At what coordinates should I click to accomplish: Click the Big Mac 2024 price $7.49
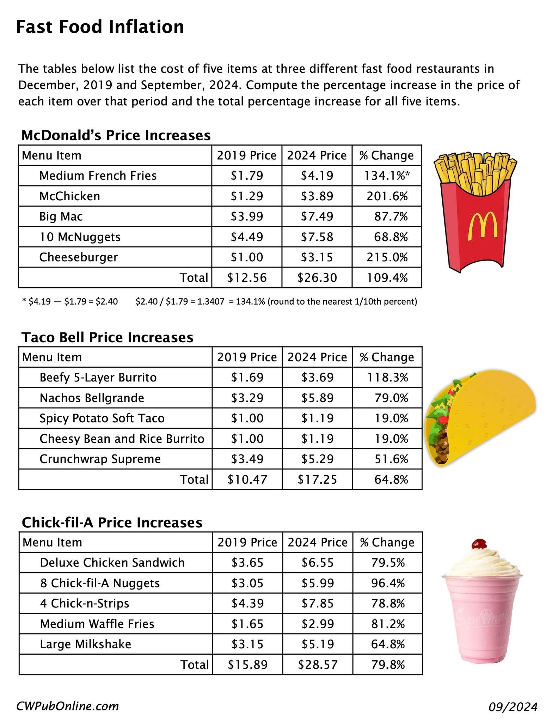317,216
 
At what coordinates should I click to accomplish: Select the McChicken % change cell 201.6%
387,196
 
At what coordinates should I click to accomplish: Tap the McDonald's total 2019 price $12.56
247,278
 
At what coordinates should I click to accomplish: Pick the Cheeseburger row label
79,257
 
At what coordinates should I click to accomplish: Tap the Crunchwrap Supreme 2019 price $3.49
247,459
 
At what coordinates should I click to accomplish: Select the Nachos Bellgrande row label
92,398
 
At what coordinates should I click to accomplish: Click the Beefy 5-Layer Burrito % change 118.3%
387,378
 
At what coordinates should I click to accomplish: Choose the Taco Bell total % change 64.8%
391,479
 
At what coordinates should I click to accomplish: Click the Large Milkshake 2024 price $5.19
318,644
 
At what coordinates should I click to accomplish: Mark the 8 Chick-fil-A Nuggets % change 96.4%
388,583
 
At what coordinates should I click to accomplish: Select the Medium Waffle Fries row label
97,624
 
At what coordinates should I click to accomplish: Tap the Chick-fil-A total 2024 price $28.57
318,665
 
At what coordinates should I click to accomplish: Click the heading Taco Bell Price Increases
108,337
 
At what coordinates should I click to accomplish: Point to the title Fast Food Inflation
100,27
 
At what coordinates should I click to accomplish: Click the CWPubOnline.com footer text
68,706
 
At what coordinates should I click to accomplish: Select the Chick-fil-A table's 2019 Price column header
247,542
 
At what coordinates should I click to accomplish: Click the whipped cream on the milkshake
481,563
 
